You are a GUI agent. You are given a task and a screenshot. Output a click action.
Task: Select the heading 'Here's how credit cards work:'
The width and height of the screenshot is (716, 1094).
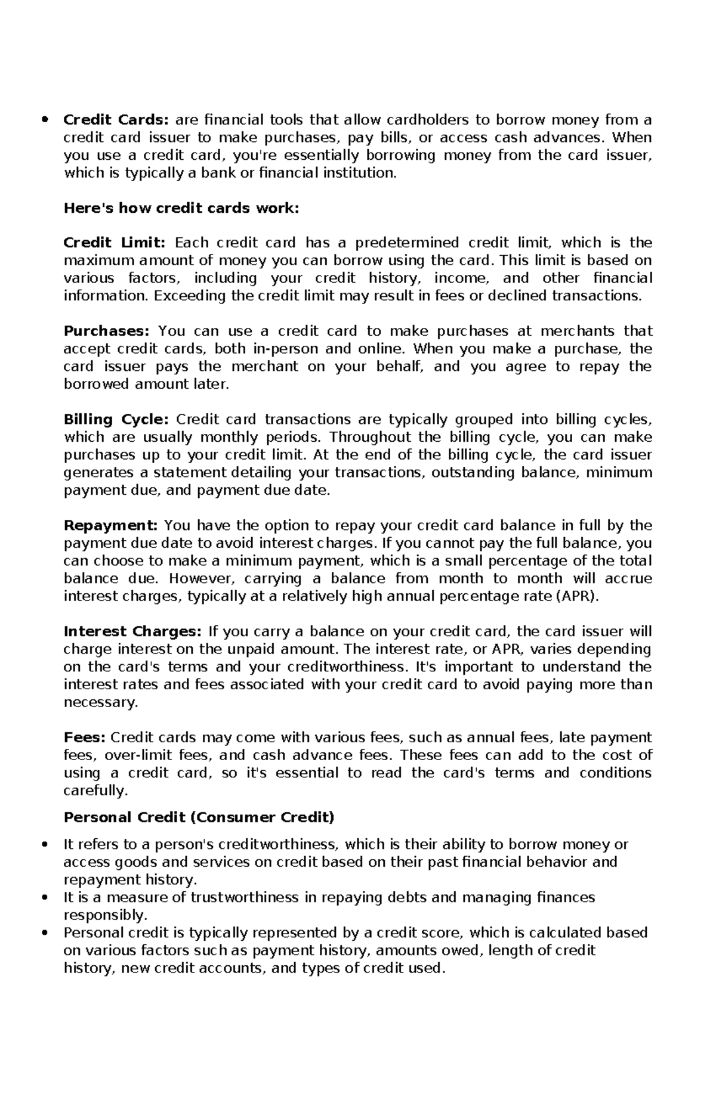coord(181,208)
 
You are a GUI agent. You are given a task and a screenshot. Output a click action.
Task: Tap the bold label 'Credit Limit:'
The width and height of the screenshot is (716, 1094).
coord(114,243)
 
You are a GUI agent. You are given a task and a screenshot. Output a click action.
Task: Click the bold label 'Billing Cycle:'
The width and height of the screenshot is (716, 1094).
coord(116,419)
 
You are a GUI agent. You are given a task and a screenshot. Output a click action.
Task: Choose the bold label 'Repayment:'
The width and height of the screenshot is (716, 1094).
coord(110,525)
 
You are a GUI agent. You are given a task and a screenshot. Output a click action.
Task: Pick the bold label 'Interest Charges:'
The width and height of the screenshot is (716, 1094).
coord(133,631)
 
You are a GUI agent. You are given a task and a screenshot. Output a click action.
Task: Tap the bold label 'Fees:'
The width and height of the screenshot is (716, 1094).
coord(84,737)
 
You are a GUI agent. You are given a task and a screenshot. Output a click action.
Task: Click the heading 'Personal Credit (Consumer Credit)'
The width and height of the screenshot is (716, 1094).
coord(199,817)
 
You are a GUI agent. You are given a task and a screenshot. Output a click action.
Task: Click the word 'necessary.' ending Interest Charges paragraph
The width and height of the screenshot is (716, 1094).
coord(100,702)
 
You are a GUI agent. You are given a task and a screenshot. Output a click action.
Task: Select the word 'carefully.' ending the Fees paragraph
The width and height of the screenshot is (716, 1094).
coord(95,791)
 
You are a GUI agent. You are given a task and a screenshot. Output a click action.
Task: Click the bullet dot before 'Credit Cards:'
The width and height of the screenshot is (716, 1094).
coord(45,120)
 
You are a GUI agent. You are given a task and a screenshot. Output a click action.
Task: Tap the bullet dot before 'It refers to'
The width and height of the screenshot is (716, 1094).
coord(45,845)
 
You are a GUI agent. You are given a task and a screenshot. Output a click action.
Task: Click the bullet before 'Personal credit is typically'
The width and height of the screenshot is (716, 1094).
coord(45,934)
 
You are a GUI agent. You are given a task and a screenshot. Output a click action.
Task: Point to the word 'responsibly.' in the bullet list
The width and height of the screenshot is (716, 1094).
coord(104,915)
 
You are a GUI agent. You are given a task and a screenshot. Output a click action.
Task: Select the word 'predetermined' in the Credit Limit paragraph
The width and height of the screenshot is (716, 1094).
coord(407,243)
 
